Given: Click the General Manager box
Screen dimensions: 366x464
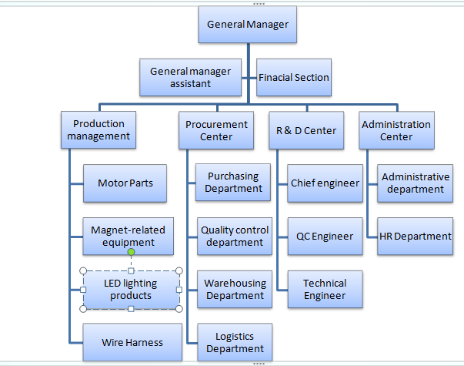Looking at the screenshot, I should pos(248,25).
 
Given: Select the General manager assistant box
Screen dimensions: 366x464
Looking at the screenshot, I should pos(190,77).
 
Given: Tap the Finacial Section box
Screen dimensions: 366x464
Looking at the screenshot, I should pos(294,77).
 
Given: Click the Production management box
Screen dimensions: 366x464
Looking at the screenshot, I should pos(98,130).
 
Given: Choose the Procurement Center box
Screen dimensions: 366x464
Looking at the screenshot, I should pos(216,130).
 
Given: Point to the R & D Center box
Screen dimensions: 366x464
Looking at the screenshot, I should pos(306,130).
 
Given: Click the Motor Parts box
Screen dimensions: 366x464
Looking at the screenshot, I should pos(125,183).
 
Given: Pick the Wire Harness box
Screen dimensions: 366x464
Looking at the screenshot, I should pos(132,341).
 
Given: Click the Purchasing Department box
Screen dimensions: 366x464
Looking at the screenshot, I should pos(235,183).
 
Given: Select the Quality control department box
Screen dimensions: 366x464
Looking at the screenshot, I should pos(235,236).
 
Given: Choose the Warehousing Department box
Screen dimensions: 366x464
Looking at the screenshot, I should pos(235,289).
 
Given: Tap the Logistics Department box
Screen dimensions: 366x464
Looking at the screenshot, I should pos(235,342).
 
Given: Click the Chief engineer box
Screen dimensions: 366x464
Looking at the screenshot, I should pos(325,183).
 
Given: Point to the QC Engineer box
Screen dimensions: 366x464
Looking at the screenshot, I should pos(325,236).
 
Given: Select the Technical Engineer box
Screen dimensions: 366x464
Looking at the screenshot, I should pos(325,289).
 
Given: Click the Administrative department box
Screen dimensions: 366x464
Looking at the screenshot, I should pos(415,183).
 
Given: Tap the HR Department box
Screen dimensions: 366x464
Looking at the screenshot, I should pos(415,236).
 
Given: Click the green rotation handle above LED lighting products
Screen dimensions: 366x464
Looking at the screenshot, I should pos(132,252).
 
